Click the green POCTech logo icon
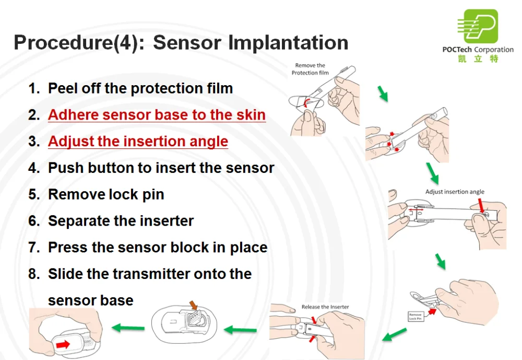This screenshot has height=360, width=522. pyautogui.click(x=477, y=26)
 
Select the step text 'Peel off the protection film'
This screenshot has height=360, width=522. pyautogui.click(x=140, y=88)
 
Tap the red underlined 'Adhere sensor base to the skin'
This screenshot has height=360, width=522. pyautogui.click(x=157, y=115)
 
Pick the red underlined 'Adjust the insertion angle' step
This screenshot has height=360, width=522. pyautogui.click(x=138, y=142)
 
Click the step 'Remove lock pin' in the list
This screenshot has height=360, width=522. pyautogui.click(x=106, y=194)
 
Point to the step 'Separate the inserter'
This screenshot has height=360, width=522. pyautogui.click(x=121, y=221)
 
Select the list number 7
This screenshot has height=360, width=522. pyautogui.click(x=34, y=248)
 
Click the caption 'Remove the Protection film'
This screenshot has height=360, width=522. pyautogui.click(x=310, y=69)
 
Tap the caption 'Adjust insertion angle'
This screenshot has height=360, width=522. pyautogui.click(x=455, y=192)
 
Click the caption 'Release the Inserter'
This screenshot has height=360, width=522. pyautogui.click(x=325, y=307)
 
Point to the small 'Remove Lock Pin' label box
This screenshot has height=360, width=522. pyautogui.click(x=416, y=316)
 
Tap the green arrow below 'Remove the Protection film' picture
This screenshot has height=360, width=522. pyautogui.click(x=384, y=94)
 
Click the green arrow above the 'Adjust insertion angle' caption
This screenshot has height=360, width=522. pyautogui.click(x=432, y=171)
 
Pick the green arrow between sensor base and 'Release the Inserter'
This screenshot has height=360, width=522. pyautogui.click(x=240, y=330)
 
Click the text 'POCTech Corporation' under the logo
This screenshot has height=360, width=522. pyautogui.click(x=478, y=50)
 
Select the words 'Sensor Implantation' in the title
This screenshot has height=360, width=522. pyautogui.click(x=251, y=42)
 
